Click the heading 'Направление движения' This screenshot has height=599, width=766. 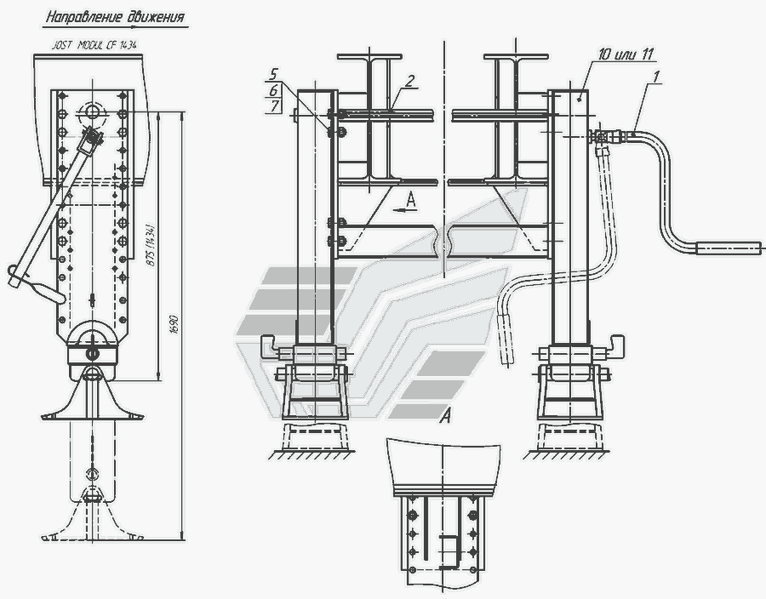[115, 17]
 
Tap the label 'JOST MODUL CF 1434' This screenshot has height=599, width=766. [94, 45]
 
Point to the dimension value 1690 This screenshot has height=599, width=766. [175, 325]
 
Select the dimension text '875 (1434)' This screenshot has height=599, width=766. [151, 245]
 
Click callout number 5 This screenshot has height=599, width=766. [273, 74]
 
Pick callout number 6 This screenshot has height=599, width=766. [273, 90]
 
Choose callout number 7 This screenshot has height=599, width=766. [274, 106]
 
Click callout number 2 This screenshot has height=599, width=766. [409, 81]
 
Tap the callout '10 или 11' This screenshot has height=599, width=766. [626, 54]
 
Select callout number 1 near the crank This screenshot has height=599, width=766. [656, 77]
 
